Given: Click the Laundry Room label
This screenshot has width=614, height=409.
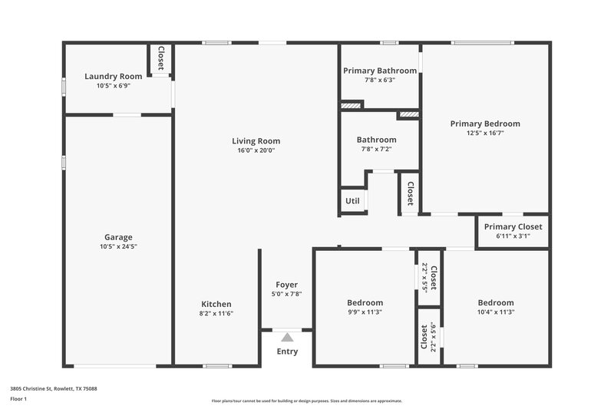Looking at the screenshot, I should [x=113, y=76].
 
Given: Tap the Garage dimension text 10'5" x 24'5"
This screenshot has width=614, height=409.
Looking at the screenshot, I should [x=118, y=246].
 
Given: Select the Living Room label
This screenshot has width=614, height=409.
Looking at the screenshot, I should [x=256, y=140].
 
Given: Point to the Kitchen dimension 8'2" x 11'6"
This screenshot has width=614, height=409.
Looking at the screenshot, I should [x=216, y=313].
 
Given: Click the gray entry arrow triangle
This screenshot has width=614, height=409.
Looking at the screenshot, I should [x=287, y=336].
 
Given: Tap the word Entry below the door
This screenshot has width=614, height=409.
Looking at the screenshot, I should [x=287, y=351].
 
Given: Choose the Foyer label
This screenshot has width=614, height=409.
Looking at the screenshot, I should [x=286, y=285].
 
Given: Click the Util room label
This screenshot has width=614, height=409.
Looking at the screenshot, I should [x=352, y=201].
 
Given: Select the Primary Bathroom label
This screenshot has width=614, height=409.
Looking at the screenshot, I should [x=380, y=71].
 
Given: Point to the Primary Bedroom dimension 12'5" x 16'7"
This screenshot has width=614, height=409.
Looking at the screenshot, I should [x=484, y=133].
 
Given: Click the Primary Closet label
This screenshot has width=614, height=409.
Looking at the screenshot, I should [x=513, y=226].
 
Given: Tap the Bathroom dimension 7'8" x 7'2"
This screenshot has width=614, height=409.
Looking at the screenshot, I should [x=376, y=149].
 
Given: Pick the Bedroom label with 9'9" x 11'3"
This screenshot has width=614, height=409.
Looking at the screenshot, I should [x=365, y=302].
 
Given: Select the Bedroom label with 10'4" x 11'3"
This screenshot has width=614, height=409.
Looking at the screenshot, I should [x=495, y=302].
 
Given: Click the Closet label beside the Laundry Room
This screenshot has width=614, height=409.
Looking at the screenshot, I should [x=161, y=59].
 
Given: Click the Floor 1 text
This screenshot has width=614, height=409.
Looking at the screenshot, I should [x=18, y=400].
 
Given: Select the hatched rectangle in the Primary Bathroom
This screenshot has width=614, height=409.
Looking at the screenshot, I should [x=352, y=105].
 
